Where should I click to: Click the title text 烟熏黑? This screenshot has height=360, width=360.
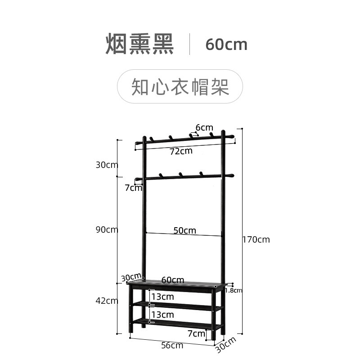(139, 44)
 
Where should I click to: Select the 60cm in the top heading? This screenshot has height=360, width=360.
(226, 45)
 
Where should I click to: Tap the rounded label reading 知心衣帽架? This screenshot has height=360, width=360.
(180, 86)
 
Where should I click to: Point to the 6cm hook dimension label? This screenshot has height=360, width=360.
(204, 128)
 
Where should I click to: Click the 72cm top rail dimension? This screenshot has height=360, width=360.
(181, 151)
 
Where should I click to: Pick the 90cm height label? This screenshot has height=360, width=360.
(107, 229)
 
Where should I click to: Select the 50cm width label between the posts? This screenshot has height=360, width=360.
(185, 230)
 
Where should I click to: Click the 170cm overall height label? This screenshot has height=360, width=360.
(256, 239)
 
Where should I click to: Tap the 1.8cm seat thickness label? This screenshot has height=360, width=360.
(233, 290)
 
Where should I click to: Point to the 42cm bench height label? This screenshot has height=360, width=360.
(107, 301)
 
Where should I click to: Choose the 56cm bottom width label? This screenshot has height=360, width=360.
(172, 345)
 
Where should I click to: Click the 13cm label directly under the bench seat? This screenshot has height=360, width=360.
(162, 297)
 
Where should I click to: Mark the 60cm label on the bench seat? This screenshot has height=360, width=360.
(173, 280)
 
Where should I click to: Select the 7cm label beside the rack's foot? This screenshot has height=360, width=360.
(196, 333)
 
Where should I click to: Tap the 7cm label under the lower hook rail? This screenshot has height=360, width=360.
(133, 188)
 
